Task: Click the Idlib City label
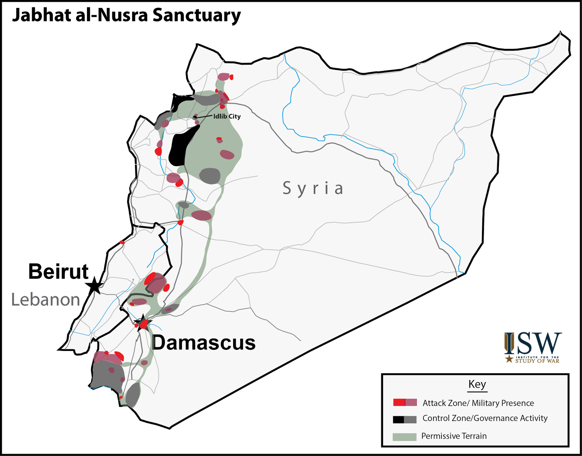227,116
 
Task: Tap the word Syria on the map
313,188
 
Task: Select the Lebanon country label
45,300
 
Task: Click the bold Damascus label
204,343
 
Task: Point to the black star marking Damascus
143,322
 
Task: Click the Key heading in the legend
477,384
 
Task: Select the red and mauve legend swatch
405,403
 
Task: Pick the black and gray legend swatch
404,419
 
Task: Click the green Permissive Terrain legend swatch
404,436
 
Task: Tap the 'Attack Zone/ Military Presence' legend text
478,403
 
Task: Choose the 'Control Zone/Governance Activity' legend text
485,418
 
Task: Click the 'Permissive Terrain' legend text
454,436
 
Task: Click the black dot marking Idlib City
195,117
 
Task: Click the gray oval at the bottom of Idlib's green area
210,176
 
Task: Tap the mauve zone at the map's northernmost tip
223,77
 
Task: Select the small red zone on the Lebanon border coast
122,242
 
